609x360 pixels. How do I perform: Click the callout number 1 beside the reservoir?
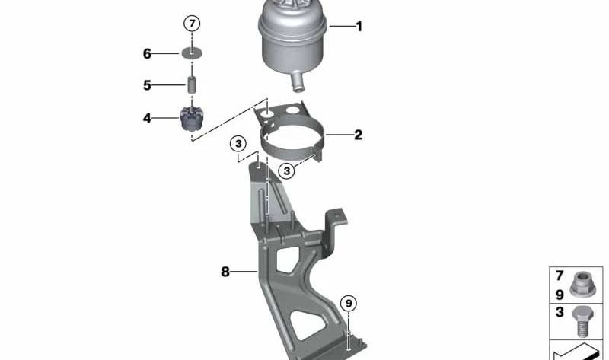[x=359, y=27]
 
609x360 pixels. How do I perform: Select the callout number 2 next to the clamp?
[x=358, y=135]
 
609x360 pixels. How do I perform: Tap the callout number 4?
[x=147, y=118]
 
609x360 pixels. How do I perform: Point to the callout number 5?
[x=147, y=85]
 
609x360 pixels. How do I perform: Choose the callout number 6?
[x=147, y=53]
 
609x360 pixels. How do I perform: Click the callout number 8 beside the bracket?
[x=225, y=271]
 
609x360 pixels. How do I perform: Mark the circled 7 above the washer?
[x=193, y=24]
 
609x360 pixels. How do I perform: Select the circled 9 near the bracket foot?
[x=348, y=304]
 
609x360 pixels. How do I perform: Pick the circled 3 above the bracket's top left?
[x=238, y=143]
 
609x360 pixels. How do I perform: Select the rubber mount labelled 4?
[x=193, y=119]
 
